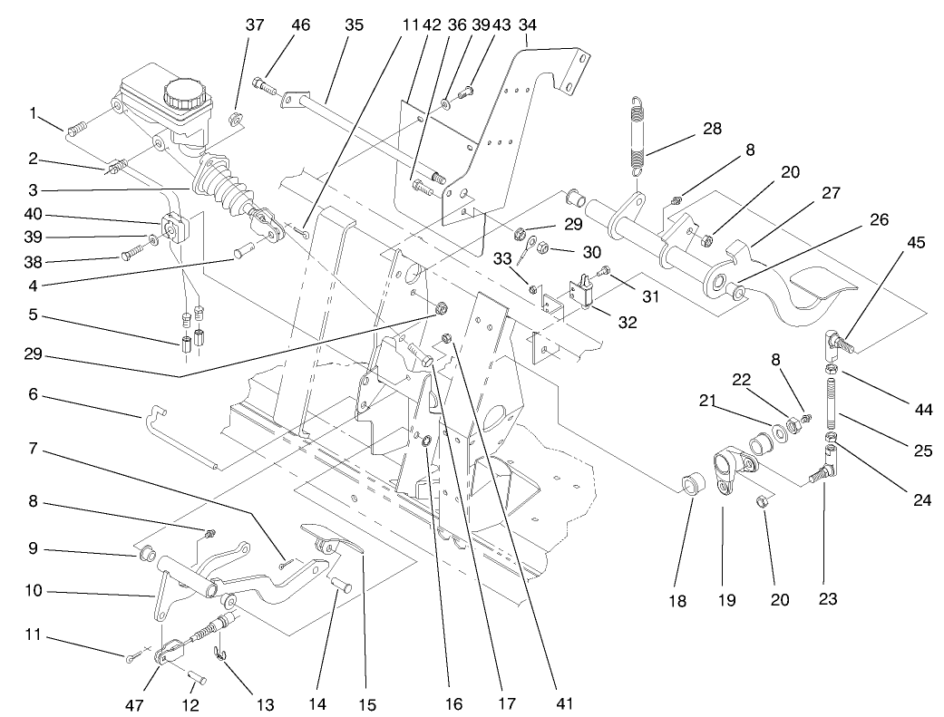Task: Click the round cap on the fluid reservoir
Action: (184, 93)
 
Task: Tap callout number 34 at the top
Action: (527, 25)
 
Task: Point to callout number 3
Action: (33, 190)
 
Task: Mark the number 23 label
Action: (828, 598)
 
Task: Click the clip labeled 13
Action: (220, 654)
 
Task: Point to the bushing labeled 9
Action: (147, 553)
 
